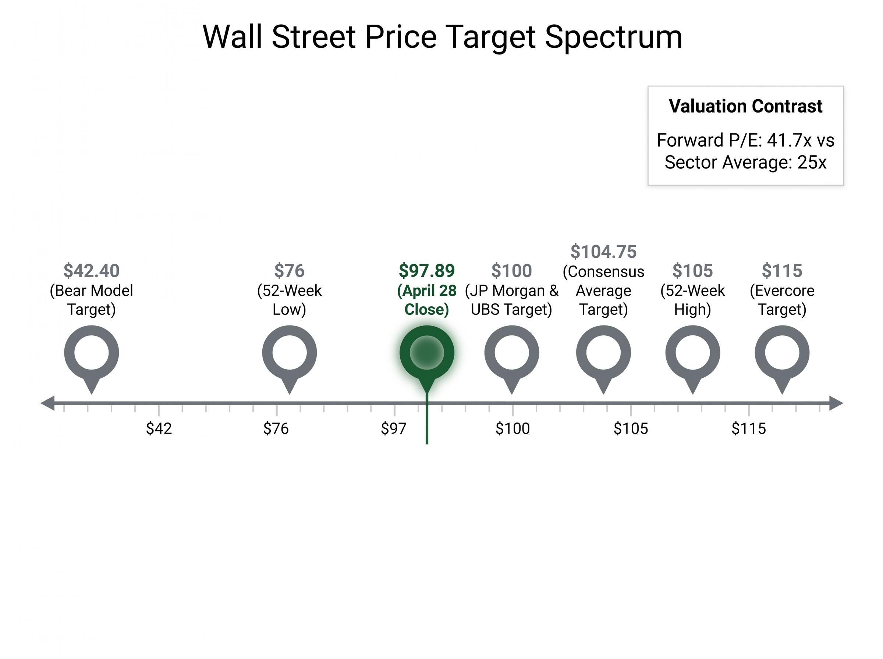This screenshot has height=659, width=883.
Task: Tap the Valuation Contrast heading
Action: [745, 106]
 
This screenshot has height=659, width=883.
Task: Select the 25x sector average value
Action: [812, 162]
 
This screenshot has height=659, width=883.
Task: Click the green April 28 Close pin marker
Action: [426, 353]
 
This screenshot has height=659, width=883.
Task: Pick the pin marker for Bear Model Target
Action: [91, 353]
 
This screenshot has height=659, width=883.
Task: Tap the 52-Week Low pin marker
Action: [289, 353]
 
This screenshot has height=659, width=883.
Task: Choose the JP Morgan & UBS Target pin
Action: [511, 353]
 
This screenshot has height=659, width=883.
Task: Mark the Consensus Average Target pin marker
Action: [603, 353]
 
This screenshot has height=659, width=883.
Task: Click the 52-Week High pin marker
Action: [693, 353]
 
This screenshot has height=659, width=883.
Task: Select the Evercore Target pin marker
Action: [782, 353]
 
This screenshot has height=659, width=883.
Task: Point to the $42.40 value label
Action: [91, 271]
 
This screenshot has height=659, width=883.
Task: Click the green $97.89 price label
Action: [426, 271]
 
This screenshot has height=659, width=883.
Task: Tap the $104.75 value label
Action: [603, 252]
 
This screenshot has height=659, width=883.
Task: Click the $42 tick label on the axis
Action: [159, 428]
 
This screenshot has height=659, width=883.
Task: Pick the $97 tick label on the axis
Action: [393, 428]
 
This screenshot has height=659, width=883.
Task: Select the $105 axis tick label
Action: [631, 428]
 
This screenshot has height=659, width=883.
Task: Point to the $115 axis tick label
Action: [749, 428]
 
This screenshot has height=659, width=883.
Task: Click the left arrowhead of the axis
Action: [48, 403]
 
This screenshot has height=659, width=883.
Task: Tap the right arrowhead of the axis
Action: [836, 403]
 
